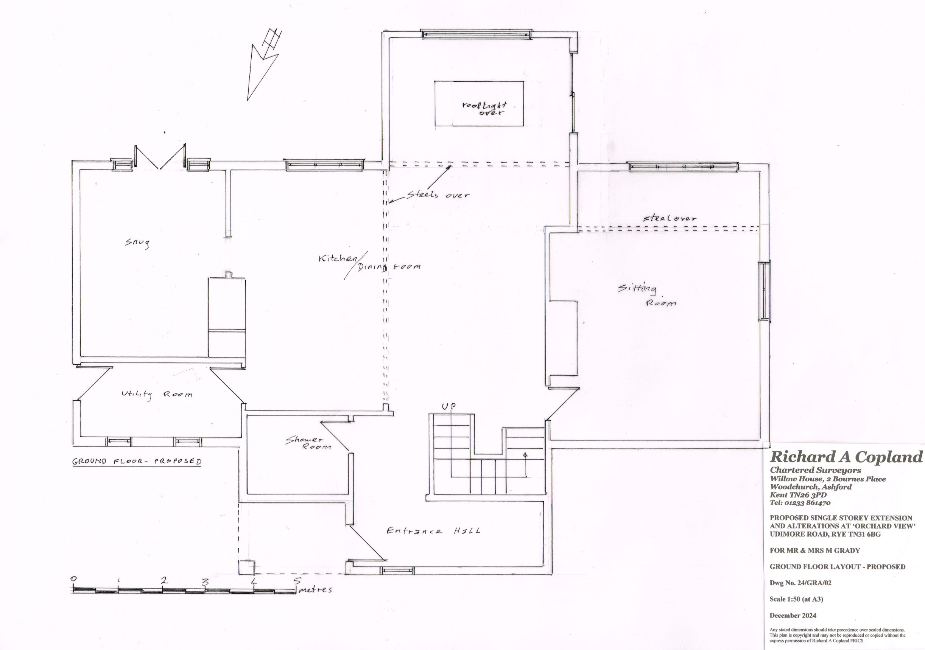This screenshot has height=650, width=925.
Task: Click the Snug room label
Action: pos(137,243)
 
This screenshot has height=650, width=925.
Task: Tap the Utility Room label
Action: pos(157,395)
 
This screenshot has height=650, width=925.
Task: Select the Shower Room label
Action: pos(308,443)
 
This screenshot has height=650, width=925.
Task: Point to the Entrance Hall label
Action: pos(433,531)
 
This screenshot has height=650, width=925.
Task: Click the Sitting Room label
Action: pos(647,295)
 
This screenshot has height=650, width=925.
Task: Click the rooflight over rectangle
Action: pos(479,104)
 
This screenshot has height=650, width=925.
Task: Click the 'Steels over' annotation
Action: pos(438,195)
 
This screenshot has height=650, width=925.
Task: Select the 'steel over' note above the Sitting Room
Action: pos(669,218)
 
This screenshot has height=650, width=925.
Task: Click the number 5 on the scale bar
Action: pos(297,581)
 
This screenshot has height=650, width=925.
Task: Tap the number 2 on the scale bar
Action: pos(164,581)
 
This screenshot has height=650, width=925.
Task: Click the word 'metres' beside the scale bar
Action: pos(316,590)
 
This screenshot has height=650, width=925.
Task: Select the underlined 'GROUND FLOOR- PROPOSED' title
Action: pos(137,462)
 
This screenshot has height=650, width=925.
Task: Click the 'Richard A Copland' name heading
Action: pos(846,457)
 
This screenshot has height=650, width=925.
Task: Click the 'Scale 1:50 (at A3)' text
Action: pos(796,599)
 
